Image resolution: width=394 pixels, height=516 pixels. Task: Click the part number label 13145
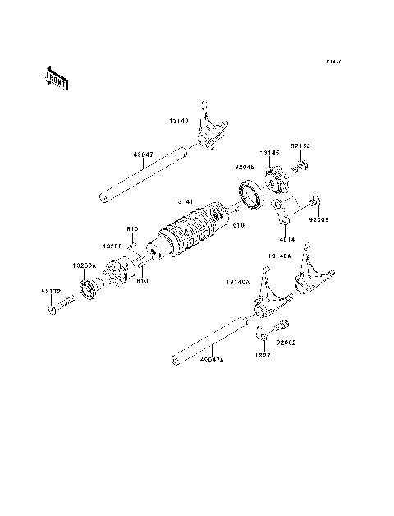tap(270, 153)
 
